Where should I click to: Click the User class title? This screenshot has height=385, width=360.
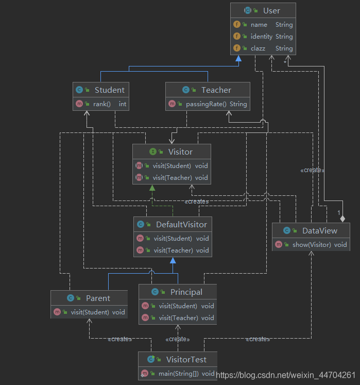click(271, 10)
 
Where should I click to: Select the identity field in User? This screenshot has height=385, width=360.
click(261, 37)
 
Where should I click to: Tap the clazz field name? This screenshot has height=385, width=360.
click(258, 48)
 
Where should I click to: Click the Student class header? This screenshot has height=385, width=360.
click(110, 90)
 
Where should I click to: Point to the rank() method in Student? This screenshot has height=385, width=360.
click(102, 104)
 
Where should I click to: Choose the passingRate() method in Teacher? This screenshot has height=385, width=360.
click(206, 104)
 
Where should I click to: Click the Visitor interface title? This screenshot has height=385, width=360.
click(180, 152)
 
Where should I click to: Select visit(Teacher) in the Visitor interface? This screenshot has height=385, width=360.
click(172, 177)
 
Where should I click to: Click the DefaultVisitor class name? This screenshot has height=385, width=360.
click(181, 224)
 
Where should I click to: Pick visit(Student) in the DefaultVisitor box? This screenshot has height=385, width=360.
click(173, 239)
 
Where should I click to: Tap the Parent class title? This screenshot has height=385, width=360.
click(98, 298)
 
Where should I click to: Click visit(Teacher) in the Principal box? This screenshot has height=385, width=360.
click(178, 317)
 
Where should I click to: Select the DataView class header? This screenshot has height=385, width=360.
click(320, 230)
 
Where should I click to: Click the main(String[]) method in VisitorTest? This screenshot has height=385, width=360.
click(179, 374)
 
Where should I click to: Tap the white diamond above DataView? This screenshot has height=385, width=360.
click(342, 219)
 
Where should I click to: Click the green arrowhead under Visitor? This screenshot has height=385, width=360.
click(152, 188)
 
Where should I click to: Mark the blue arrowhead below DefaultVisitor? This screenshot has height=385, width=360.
click(173, 260)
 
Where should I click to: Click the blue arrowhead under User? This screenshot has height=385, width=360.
click(238, 58)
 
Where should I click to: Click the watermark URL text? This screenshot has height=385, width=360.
click(286, 375)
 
